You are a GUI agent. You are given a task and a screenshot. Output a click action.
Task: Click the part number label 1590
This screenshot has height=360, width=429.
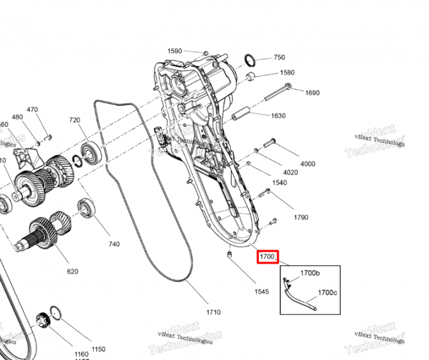(174, 51)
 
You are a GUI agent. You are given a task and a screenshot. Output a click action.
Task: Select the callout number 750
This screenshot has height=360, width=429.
(279, 57)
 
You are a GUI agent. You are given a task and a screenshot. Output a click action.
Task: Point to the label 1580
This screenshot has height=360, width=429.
(287, 73)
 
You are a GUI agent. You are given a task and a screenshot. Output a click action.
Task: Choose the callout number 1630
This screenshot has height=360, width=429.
(278, 115)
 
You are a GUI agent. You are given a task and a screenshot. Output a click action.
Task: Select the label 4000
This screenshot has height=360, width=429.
(307, 164)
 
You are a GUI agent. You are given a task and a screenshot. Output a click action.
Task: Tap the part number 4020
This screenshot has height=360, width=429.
(291, 172)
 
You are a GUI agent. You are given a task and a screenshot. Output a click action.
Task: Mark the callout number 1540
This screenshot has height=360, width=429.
(280, 183)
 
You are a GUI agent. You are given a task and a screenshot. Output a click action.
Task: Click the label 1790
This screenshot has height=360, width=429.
(301, 217)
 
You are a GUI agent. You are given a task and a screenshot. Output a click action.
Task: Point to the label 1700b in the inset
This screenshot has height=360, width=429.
(309, 273)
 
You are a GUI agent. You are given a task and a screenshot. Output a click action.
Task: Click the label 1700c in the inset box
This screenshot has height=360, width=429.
(327, 293)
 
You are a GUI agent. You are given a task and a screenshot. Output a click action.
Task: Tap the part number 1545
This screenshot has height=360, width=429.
(261, 291)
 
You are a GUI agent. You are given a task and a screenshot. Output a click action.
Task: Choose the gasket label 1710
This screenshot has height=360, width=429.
(213, 312)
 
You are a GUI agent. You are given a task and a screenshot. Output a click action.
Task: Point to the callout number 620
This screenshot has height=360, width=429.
(72, 271)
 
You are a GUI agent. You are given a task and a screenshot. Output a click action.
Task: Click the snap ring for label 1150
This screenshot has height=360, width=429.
(56, 314)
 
